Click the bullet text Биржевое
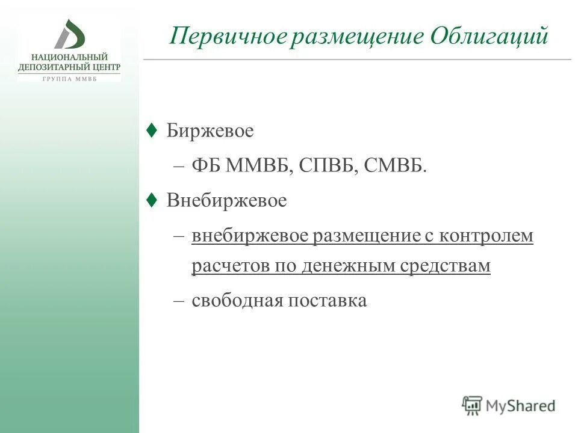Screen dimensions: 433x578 click(x=210, y=131)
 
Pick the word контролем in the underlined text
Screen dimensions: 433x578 click(x=486, y=236)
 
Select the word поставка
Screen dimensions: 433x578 click(x=328, y=301)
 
